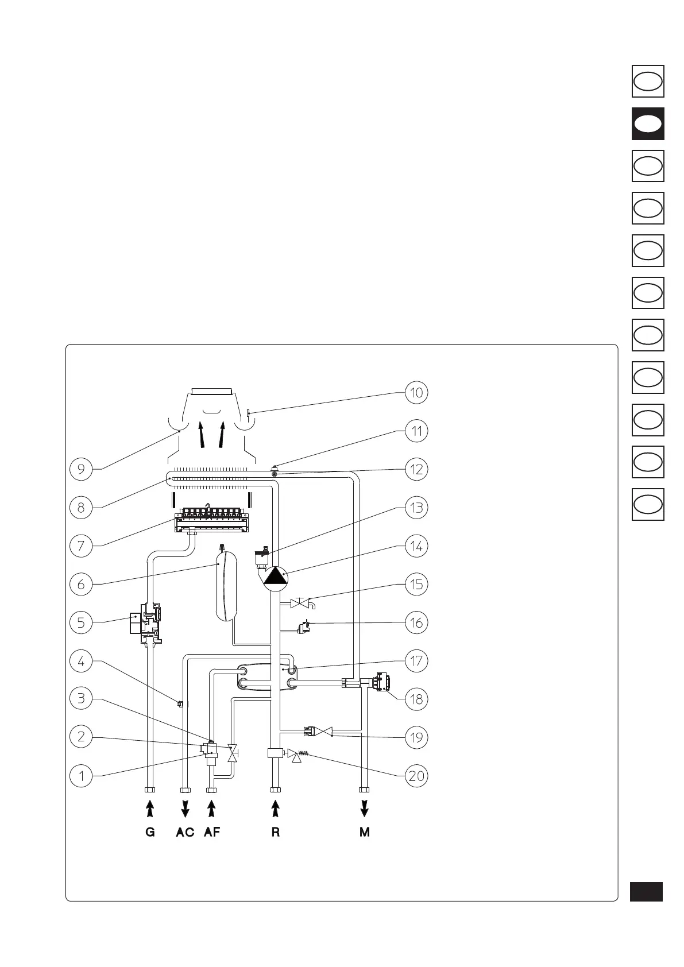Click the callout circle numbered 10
[x=416, y=393]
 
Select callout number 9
[x=81, y=469]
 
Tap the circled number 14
[x=416, y=546]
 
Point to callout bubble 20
[x=416, y=776]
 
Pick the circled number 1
[x=81, y=776]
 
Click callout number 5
[x=81, y=622]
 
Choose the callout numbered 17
[x=416, y=661]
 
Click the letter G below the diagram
[x=150, y=832]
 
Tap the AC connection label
[x=185, y=832]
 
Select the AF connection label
[x=212, y=832]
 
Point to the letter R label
[x=276, y=832]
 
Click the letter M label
[x=365, y=832]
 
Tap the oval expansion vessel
[x=226, y=585]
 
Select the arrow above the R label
[x=276, y=809]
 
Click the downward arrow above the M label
[x=365, y=809]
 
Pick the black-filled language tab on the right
[x=648, y=123]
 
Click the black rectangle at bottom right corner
[x=646, y=891]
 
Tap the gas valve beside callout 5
[x=148, y=623]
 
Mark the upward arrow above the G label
[x=150, y=809]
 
